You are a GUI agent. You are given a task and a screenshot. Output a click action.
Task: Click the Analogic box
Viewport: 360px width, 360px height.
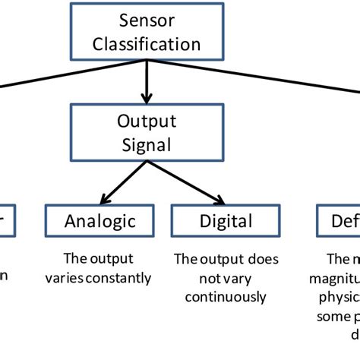click(100, 221)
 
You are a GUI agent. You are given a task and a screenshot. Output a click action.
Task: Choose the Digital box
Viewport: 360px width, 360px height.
click(226, 221)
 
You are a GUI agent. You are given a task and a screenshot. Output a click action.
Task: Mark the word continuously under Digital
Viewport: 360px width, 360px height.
click(226, 297)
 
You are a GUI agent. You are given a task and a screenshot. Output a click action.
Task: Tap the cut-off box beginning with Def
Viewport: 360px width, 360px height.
click(338, 221)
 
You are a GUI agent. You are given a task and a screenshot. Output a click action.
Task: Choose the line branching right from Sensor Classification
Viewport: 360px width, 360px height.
click(251, 77)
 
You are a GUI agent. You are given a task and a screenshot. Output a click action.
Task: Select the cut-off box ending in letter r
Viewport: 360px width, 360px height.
click(6, 221)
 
